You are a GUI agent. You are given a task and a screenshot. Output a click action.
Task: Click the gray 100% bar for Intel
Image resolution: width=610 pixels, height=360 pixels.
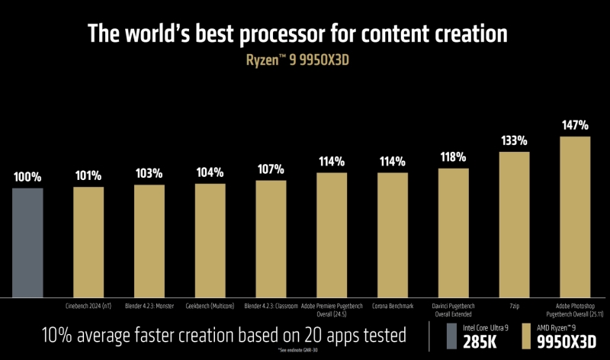[27, 243]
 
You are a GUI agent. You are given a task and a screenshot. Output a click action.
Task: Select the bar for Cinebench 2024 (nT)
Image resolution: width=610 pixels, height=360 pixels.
[88, 243]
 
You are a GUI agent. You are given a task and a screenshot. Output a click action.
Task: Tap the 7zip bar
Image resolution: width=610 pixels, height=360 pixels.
[514, 225]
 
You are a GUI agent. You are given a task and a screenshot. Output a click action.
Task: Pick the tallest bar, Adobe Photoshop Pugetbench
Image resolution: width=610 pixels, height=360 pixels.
[575, 217]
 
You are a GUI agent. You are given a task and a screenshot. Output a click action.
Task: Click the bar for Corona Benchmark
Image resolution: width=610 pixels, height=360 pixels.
[393, 235]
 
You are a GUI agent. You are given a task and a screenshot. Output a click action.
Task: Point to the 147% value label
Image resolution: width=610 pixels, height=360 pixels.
[575, 125]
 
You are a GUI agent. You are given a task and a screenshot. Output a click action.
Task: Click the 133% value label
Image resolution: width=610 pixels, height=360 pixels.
[514, 141]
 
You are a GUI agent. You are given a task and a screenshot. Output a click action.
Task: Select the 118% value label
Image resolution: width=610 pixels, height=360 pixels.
[454, 157]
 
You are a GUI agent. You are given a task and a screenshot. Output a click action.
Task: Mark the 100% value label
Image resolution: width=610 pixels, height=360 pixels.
[27, 177]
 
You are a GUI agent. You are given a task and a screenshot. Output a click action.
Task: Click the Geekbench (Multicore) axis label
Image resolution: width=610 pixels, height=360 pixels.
[210, 306]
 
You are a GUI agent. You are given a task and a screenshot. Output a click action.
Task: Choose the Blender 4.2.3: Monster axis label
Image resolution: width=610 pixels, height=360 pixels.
[149, 306]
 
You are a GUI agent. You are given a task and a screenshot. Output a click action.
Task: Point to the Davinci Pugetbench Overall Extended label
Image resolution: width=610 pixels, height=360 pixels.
[454, 310]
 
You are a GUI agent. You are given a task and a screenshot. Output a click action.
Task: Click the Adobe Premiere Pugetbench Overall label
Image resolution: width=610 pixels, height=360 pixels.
[332, 310]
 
